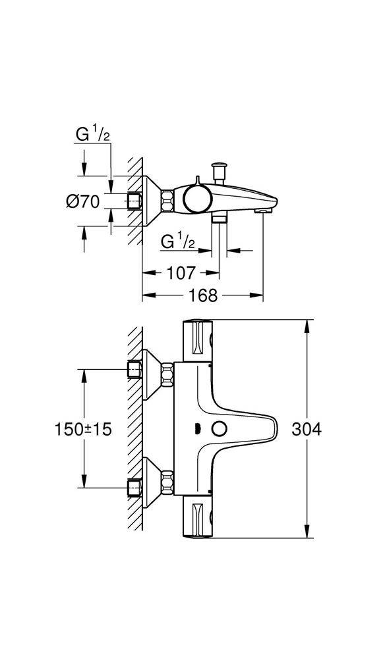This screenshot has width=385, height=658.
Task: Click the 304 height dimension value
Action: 308,429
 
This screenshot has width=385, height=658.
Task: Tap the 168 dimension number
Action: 202,295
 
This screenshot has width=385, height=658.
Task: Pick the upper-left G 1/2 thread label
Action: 92,136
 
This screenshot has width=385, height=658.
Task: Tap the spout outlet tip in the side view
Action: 262,209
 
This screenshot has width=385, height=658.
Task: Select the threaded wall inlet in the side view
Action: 135,201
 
